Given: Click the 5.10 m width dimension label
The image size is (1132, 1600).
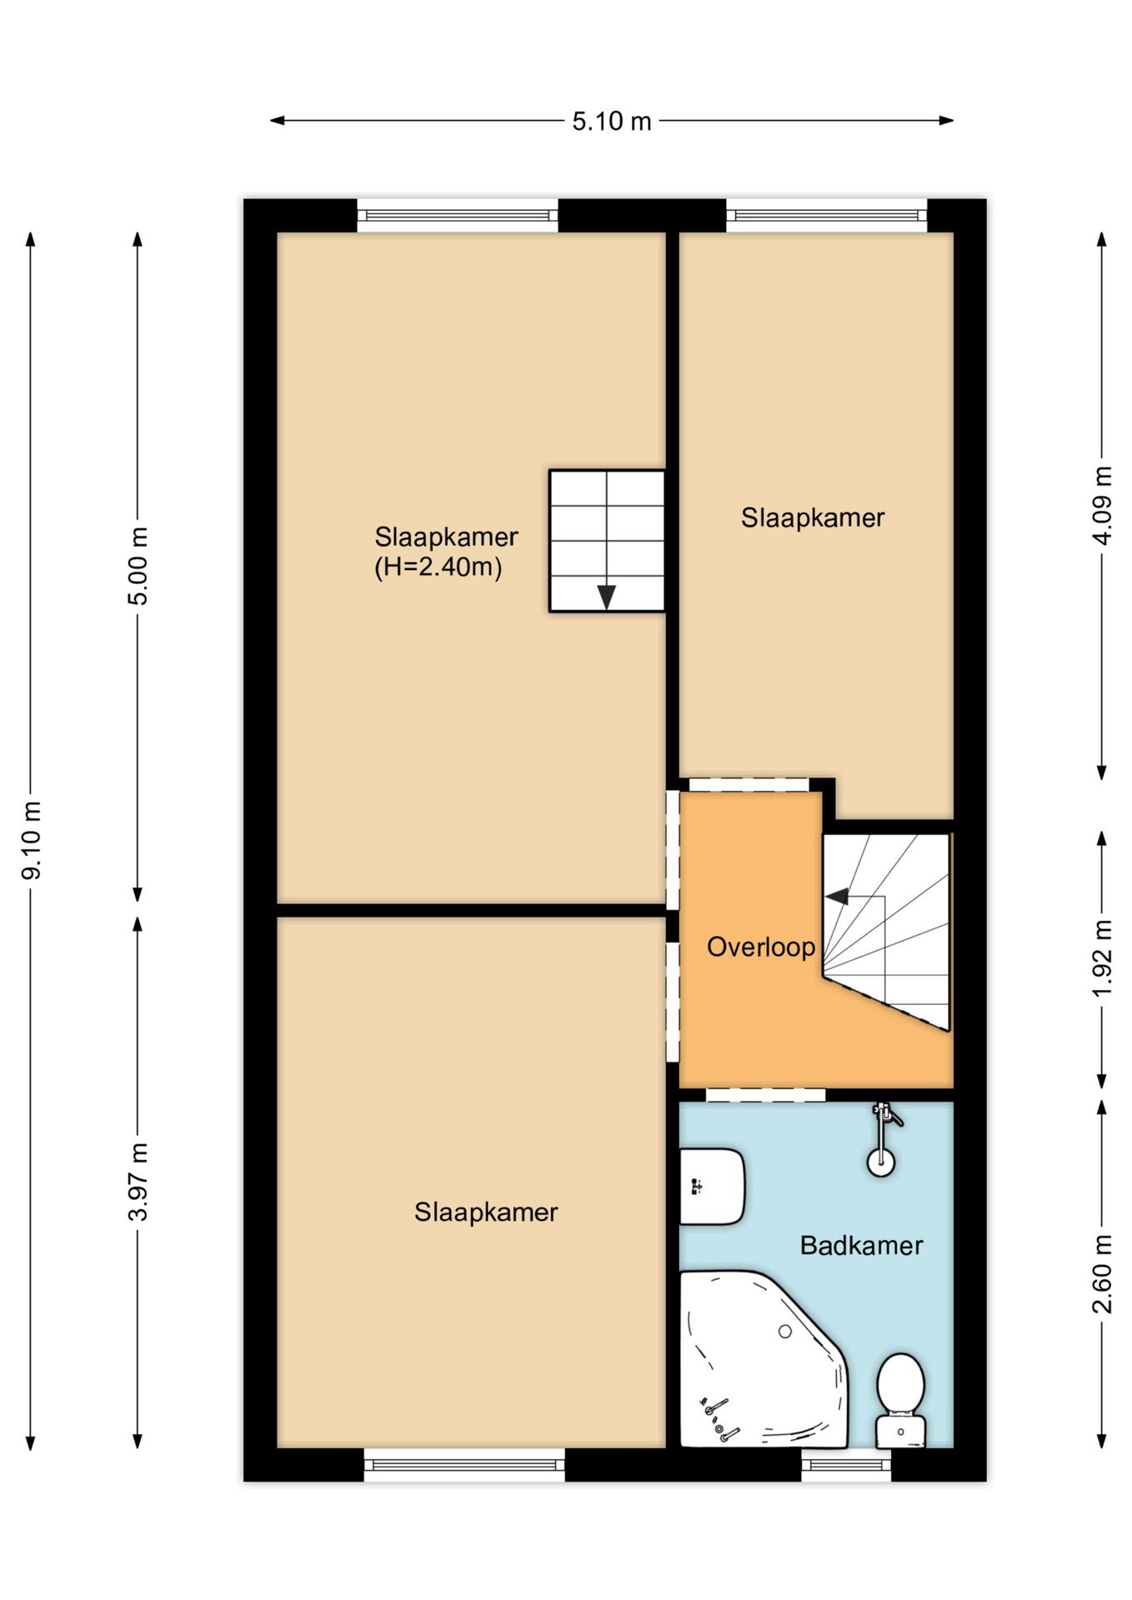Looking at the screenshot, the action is coord(611,122).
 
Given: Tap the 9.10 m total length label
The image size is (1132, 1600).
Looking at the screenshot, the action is coord(32,840).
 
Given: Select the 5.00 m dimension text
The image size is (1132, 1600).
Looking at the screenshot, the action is coord(138,566).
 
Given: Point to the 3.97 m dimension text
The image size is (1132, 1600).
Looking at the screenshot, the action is coord(138,1182).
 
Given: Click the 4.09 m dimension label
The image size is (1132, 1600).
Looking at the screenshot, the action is coord(1102,506).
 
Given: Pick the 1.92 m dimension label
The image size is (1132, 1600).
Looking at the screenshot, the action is coord(1102,958).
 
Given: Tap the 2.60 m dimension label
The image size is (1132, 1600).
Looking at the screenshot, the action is coord(1102,1274).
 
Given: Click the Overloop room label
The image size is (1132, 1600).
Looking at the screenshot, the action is coord(761,947).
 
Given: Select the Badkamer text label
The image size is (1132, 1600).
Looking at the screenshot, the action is coord(861,1246).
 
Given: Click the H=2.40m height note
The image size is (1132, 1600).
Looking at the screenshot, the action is coord(438,567).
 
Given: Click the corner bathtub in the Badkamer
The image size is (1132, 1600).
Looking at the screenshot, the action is coord(763,1360).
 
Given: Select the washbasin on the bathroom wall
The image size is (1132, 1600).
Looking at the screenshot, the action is coord(712,1187).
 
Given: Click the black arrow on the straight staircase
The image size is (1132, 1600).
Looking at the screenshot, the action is coord(607,597).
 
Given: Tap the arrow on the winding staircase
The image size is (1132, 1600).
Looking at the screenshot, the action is coord(837,897).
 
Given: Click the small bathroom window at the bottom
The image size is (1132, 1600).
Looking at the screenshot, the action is coord(846,1465).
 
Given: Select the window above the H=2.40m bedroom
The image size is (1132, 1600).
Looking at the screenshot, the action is coord(458,216).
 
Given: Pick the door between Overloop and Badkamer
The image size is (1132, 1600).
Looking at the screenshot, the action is coord(765,1095).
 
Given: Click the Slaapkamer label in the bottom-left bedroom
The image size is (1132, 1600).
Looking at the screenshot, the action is coord(486,1212).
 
